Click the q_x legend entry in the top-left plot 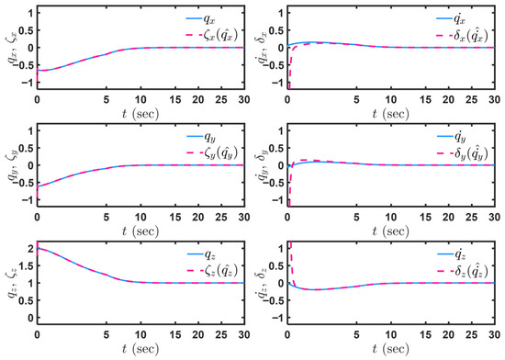coord(209,19)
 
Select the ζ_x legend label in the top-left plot coord(220,35)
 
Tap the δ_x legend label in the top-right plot coord(470,35)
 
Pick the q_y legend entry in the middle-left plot coord(209,137)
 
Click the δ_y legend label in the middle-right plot coord(470,152)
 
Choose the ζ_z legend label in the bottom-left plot coord(221,270)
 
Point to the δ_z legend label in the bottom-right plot coord(470,270)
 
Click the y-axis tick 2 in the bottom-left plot coord(30,249)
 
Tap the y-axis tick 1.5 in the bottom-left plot coord(26,265)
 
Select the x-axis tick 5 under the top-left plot coord(106,99)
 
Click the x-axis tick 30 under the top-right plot coord(494,99)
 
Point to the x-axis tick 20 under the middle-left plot coord(198,218)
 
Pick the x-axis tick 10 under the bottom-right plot coord(390,335)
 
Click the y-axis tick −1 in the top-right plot coord(276,83)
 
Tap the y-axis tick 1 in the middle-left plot coord(31,130)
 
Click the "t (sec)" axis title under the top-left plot coord(140,113)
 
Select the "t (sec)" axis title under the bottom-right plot coord(390,349)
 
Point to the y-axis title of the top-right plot coord(263,48)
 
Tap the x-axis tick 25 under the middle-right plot coord(471,218)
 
